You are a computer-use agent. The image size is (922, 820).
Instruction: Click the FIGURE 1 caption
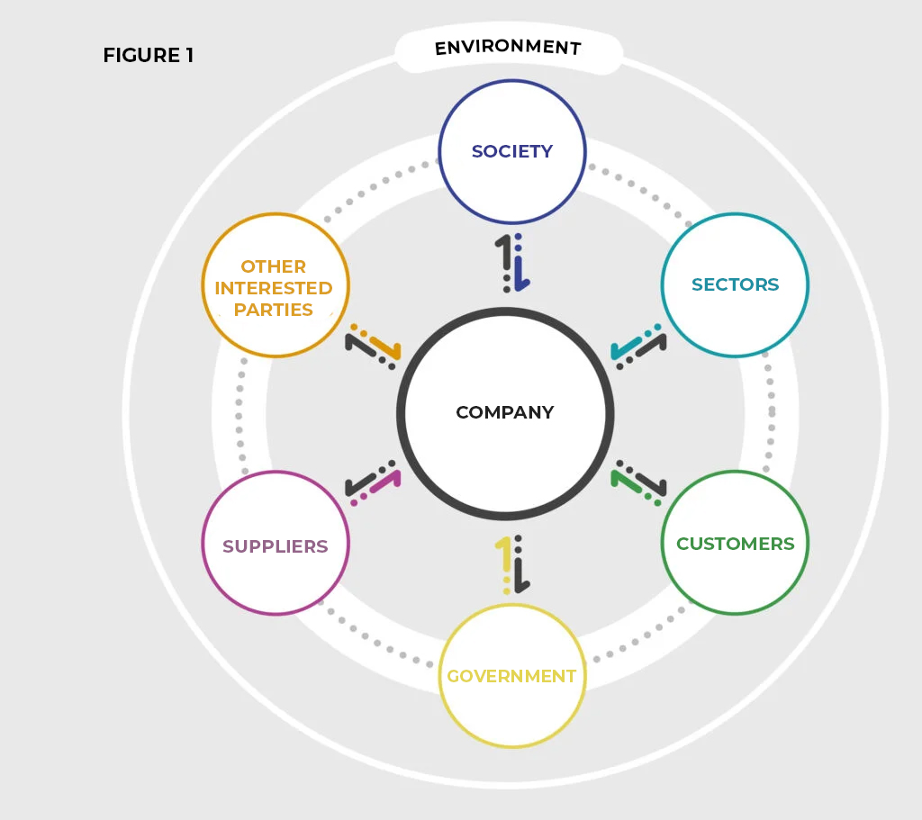pos(148,56)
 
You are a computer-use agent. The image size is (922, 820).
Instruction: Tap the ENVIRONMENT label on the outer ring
pos(508,48)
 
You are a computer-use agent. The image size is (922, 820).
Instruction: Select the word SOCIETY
pos(512,151)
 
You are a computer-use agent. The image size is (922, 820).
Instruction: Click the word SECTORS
pos(735,284)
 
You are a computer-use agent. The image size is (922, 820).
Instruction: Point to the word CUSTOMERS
pos(735,544)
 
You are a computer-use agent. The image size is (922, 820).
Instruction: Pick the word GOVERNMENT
pos(511,676)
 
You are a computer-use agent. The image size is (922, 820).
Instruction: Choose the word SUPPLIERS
pos(276,546)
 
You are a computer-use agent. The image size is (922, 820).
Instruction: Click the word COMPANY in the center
pos(505,413)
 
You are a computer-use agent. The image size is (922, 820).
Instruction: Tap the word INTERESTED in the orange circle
pos(274,288)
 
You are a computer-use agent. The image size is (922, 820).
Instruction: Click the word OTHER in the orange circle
pos(274,266)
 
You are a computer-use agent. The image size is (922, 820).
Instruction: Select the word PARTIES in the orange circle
pos(274,310)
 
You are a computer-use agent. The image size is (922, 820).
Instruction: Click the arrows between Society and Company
pos(512,264)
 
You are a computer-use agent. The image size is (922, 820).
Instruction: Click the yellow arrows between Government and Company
pos(512,565)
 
